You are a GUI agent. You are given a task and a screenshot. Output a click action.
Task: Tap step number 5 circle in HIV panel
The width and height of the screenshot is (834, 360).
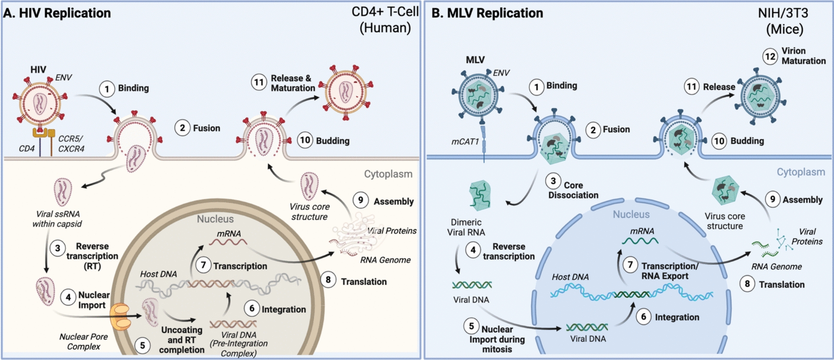143,345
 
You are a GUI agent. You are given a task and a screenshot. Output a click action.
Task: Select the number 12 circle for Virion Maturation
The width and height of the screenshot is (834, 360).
770,56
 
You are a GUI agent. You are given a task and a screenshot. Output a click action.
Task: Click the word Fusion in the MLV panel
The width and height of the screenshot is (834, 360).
616,129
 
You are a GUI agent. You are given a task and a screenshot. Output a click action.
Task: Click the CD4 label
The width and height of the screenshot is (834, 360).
27,149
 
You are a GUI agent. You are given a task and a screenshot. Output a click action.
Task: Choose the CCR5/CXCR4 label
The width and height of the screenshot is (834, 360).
71,144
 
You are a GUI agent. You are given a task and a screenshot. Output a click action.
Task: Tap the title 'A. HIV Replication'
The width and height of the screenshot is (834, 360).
57,13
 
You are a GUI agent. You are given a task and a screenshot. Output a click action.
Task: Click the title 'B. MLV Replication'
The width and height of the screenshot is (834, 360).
487,13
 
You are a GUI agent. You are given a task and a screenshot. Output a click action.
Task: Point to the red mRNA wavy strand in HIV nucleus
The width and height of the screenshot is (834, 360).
228,242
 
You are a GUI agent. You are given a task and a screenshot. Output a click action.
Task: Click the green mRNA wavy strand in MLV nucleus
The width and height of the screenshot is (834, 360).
640,241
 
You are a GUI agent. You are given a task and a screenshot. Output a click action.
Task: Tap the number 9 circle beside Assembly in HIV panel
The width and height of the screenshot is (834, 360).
361,200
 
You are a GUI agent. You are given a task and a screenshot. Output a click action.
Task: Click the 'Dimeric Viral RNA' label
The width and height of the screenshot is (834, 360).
466,227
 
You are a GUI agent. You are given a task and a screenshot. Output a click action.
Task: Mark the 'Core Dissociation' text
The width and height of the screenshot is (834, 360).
573,190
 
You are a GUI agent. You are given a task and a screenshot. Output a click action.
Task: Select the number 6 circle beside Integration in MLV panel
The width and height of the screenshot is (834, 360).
643,317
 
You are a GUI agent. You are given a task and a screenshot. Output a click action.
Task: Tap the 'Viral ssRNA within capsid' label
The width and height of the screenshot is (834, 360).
57,219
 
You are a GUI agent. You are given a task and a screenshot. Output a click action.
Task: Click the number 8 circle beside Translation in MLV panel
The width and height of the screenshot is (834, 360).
747,284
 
